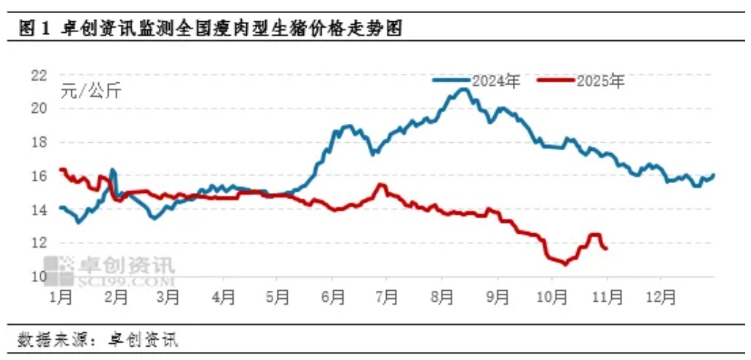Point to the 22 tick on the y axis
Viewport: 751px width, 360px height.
(38, 74)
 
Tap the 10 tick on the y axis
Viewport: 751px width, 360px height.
(38, 276)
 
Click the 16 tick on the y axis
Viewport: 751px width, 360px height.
(38, 176)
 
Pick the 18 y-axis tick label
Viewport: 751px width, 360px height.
(38, 142)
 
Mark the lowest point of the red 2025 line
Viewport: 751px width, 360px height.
(565, 263)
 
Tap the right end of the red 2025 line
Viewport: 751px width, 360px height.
(607, 249)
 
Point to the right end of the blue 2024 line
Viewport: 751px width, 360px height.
(713, 175)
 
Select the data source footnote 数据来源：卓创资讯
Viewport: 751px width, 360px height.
(98, 340)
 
